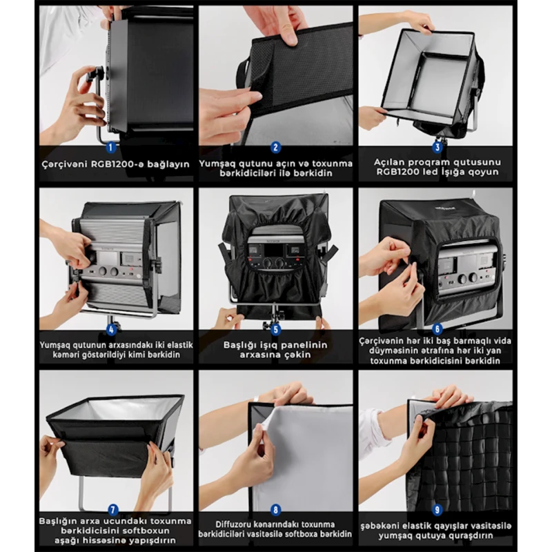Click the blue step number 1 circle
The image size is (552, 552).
tap(111, 147)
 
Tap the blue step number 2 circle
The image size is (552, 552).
tap(275, 147)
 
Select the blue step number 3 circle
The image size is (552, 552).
tap(437, 147)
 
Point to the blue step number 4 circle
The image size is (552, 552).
tap(111, 330)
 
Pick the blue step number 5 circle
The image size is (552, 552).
tap(275, 330)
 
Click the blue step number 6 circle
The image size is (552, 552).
tap(437, 329)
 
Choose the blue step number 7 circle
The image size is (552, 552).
tap(112, 510)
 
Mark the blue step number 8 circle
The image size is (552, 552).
tap(275, 510)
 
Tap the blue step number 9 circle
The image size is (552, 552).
tap(437, 509)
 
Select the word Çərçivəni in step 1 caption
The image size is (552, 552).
tap(65, 164)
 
